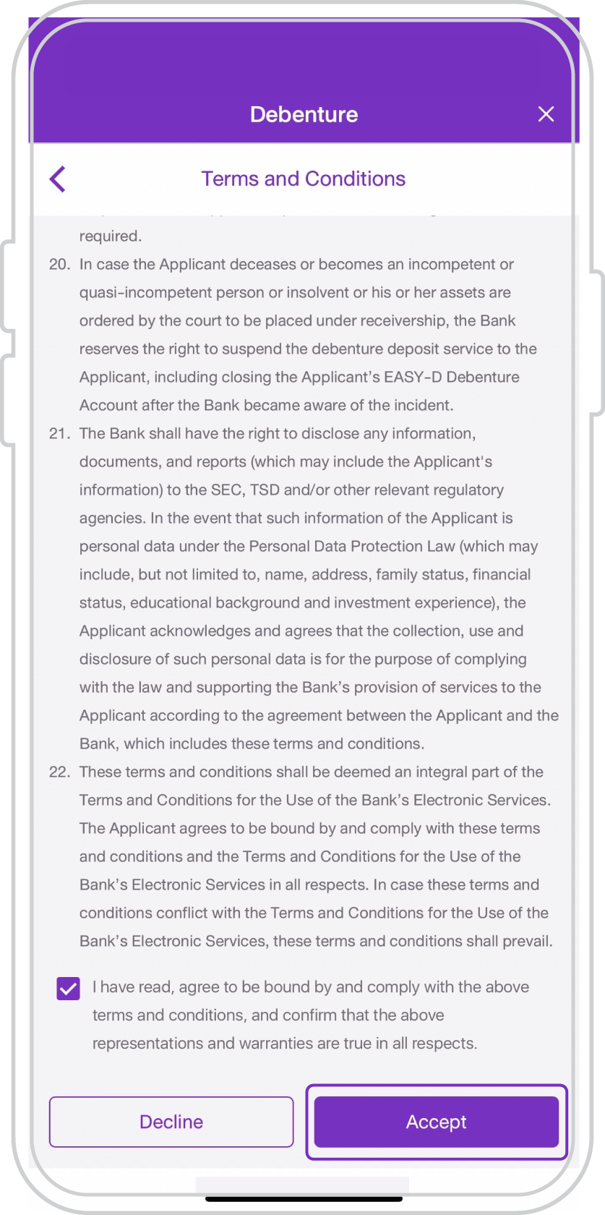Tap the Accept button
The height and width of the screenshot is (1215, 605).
pos(436,1122)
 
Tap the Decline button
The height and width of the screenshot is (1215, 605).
pos(171,1122)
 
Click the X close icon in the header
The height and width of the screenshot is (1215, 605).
pos(546,114)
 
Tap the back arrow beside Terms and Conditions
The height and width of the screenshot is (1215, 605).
pos(58,179)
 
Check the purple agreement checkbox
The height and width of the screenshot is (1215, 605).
pos(68,988)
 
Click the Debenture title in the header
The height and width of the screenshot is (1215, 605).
pos(304,114)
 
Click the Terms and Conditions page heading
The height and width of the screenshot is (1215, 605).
pos(304,179)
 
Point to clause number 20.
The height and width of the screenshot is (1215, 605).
pos(59,265)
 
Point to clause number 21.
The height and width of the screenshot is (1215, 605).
pos(59,434)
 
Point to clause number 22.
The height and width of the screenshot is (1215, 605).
pos(59,772)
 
